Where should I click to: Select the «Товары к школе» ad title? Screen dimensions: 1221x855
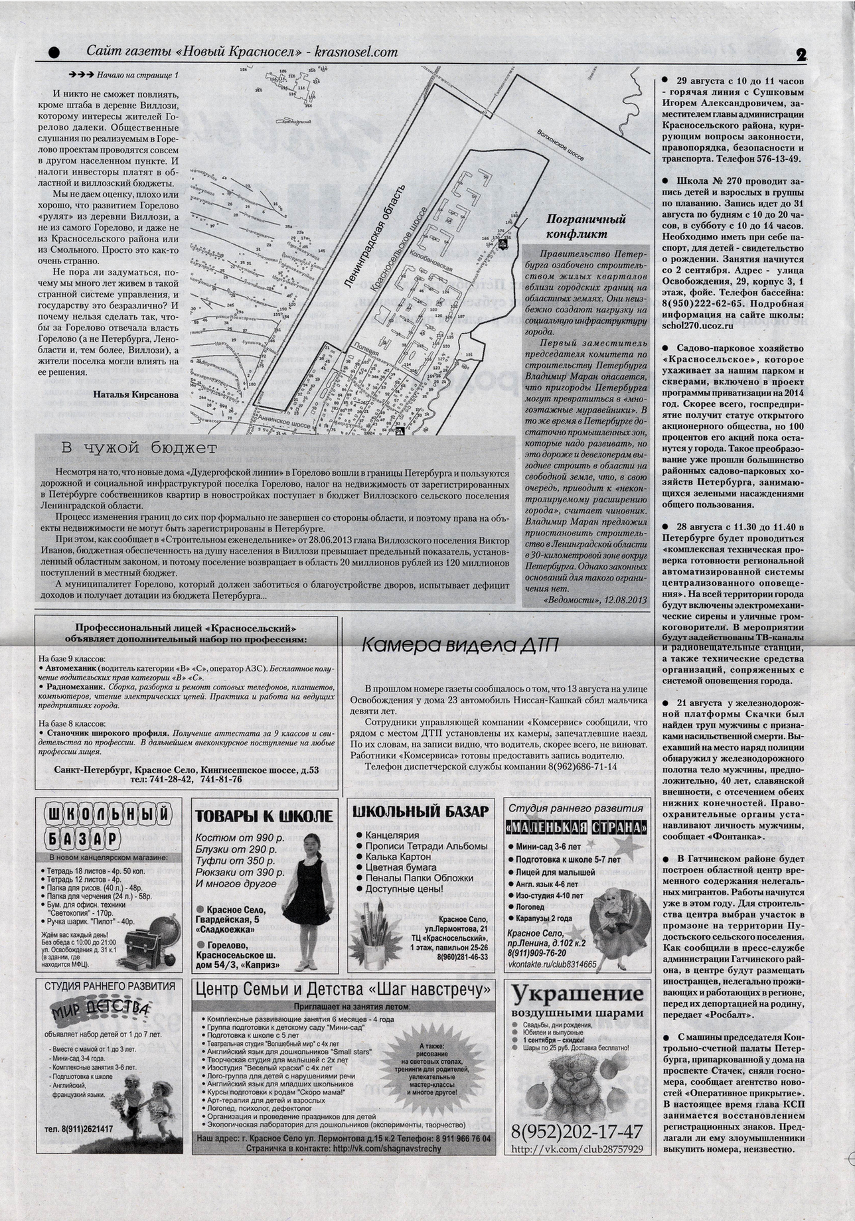[264, 816]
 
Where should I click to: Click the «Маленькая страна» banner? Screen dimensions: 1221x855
[576, 828]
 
